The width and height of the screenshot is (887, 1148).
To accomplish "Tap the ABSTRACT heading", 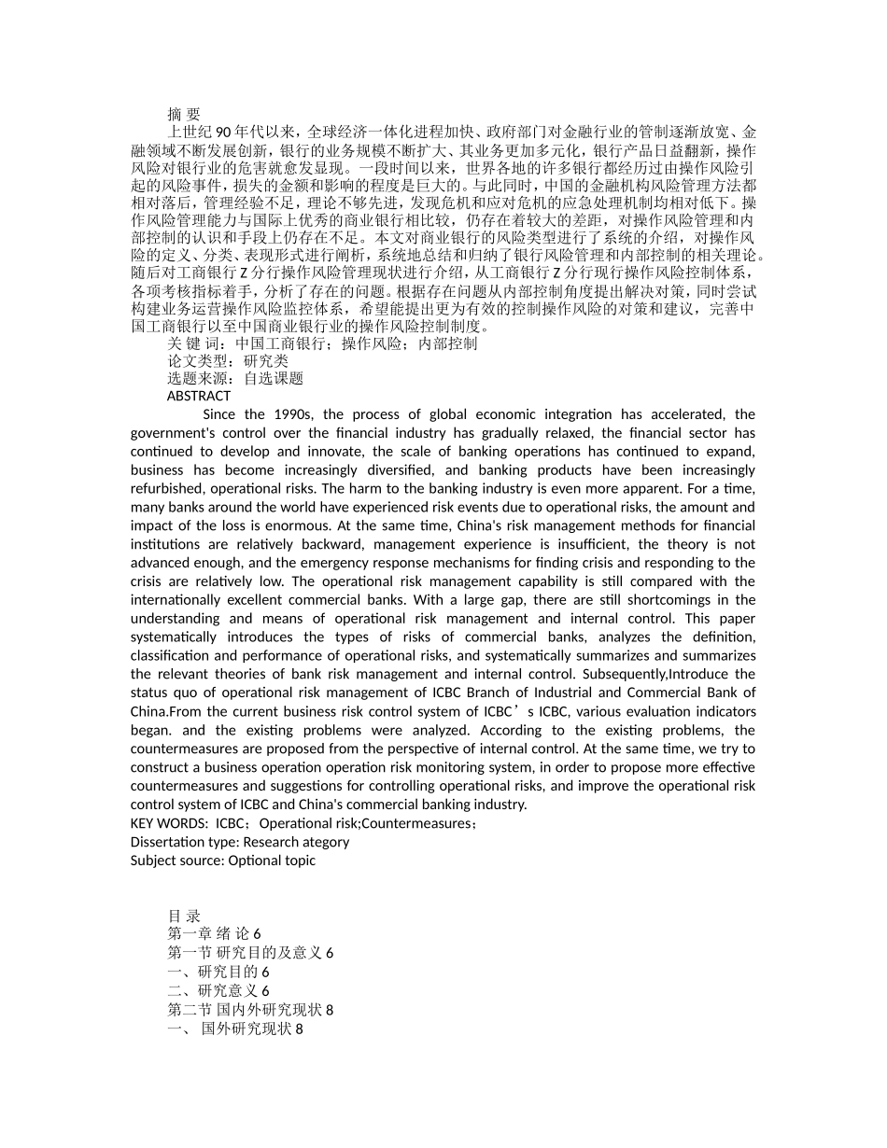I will point(198,396).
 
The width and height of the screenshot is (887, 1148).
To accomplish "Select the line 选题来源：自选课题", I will point(235,378).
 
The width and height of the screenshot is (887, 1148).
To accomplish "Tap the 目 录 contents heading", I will point(183,916).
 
